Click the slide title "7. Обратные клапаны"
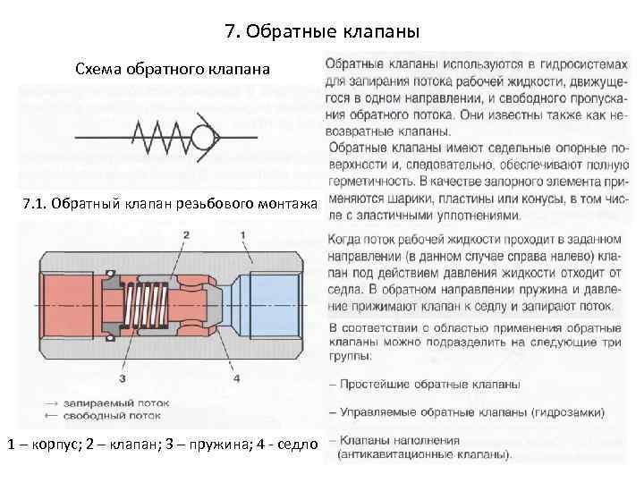322,33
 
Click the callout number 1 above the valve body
242,234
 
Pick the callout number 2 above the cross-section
186,234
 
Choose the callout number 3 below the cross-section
121,377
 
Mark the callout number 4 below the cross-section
236,377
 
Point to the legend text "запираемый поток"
107,404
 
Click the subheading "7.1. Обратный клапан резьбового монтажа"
168,205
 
